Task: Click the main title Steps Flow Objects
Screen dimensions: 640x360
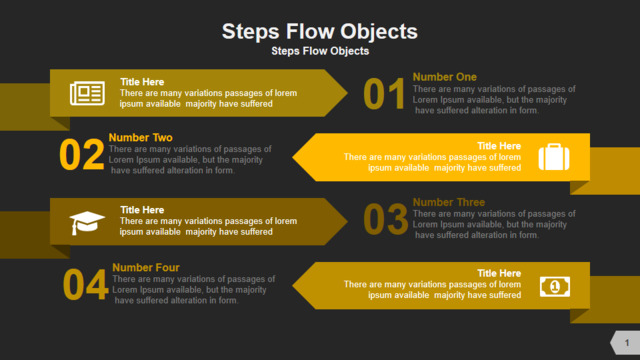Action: coord(320,32)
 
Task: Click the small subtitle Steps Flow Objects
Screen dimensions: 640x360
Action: coord(320,51)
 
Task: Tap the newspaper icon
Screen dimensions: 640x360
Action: coord(87,93)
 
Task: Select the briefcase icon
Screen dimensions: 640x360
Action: coord(554,157)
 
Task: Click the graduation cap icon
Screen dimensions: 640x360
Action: coord(87,223)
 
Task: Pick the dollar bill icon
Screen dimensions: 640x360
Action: coord(555,287)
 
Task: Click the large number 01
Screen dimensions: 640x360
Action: coord(384,94)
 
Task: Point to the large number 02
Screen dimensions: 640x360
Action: coord(82,155)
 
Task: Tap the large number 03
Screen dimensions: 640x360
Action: coord(385,220)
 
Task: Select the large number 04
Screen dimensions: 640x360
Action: coord(86,284)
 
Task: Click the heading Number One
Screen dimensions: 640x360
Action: coord(444,77)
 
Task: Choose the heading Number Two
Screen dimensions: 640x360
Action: coord(140,138)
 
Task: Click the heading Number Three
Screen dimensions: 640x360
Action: coord(449,202)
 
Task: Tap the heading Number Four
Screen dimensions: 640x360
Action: coord(146,268)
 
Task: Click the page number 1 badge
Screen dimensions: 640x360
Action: coord(625,343)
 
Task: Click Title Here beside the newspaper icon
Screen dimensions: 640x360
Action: coord(142,82)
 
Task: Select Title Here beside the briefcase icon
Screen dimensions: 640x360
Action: coord(499,146)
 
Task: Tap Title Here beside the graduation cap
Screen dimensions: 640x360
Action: coord(142,210)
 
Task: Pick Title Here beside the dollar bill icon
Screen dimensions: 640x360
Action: coord(499,273)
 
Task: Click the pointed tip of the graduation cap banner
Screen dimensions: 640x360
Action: coord(347,222)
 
